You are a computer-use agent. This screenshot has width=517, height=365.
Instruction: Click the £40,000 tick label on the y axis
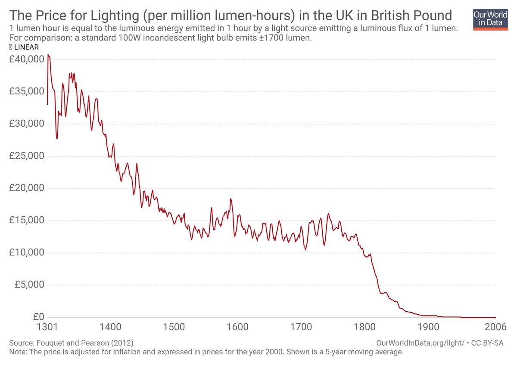26,59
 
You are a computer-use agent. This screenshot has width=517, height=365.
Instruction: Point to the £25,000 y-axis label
26,156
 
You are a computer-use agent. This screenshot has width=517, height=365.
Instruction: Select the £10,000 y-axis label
26,252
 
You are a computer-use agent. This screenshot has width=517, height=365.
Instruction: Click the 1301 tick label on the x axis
47,327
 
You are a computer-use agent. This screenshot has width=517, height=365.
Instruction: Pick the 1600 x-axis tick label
237,327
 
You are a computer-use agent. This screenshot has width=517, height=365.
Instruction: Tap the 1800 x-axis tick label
364,327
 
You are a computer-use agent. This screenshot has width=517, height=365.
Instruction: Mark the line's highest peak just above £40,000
48,55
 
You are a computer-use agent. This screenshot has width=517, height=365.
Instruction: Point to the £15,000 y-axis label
26,220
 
